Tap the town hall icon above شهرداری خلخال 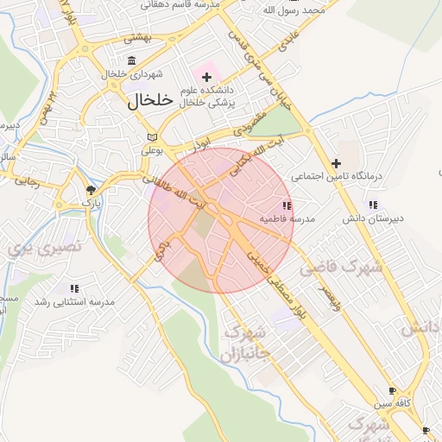pyautogui.click(x=131, y=60)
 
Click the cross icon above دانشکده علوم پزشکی pyautogui.click(x=207, y=78)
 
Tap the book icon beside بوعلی pyautogui.click(x=152, y=136)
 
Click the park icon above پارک pyautogui.click(x=91, y=189)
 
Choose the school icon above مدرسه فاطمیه pyautogui.click(x=287, y=205)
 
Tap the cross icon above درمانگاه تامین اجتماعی pyautogui.click(x=336, y=162)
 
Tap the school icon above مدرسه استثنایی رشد pyautogui.click(x=74, y=288)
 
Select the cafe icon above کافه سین pyautogui.click(x=393, y=389)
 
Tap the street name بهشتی pyautogui.click(x=136, y=37)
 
